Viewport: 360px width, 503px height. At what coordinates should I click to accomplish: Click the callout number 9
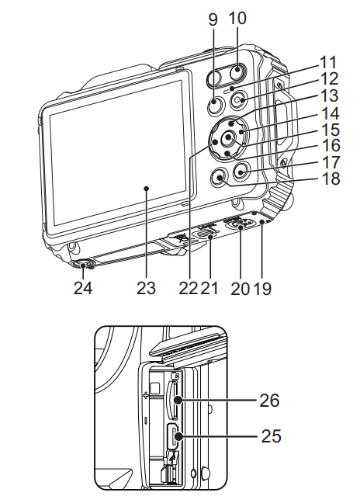tap(213, 19)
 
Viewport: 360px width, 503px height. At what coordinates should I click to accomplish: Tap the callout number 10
tap(237, 18)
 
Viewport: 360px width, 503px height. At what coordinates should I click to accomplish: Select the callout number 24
tap(83, 288)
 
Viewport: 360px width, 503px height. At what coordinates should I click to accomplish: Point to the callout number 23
tap(146, 288)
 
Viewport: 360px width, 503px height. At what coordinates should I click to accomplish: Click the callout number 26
tap(269, 401)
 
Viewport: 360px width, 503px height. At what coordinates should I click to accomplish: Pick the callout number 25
tap(271, 436)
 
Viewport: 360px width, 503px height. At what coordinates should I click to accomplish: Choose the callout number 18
tap(331, 179)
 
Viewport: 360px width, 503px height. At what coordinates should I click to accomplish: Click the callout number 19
tap(262, 288)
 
